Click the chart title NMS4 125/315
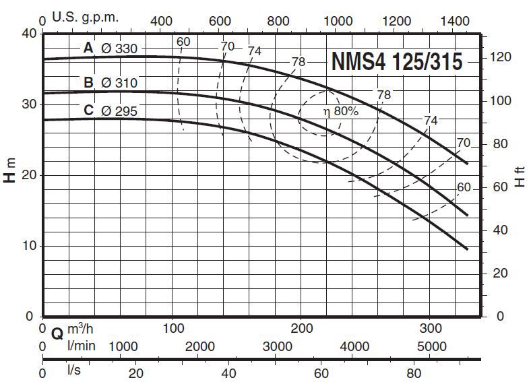click(396, 63)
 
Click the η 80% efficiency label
click(340, 112)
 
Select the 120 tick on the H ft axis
click(499, 57)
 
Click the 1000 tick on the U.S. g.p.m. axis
click(339, 22)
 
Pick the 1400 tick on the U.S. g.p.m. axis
click(456, 22)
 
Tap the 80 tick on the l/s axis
click(414, 373)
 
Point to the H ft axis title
click(519, 179)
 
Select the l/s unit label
click(74, 371)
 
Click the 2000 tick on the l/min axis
click(199, 347)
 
